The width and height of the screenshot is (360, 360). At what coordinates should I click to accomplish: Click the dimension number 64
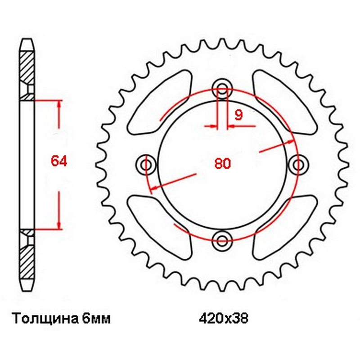tap(59, 161)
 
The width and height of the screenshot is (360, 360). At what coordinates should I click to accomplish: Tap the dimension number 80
tap(222, 163)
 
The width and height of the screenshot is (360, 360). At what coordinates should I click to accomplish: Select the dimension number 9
tap(238, 115)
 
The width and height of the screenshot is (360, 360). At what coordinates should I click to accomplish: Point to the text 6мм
tap(96, 319)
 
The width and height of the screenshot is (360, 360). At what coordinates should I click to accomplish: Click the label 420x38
tap(223, 319)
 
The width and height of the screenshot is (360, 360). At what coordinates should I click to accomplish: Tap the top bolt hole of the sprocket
tap(222, 89)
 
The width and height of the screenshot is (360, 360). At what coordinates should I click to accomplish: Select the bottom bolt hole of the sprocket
tap(222, 241)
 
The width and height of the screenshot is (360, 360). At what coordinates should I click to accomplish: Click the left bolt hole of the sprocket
tap(146, 165)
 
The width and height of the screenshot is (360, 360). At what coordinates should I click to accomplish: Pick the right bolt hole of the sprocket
tap(298, 165)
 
